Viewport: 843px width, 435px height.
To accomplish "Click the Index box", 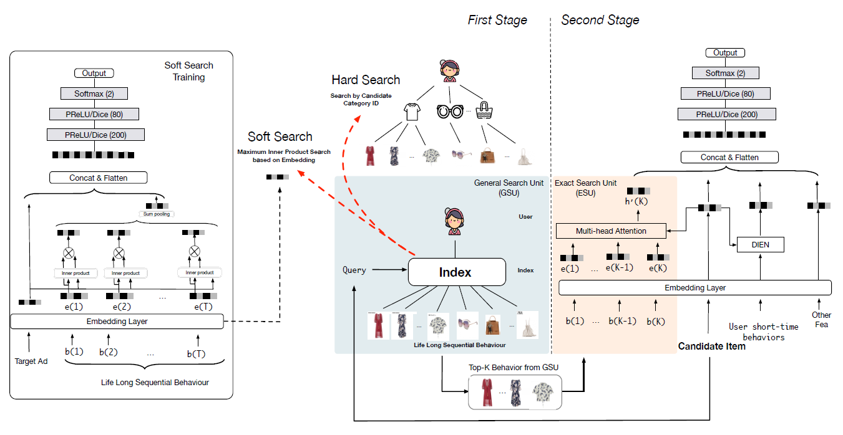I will point(456,272).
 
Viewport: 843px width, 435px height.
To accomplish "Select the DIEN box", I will point(760,245).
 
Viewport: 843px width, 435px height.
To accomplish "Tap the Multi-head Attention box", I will point(611,231).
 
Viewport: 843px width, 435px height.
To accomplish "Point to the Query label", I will point(354,270).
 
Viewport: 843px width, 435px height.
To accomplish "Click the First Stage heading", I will point(497,20).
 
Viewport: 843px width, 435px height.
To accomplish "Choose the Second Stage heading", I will point(600,20).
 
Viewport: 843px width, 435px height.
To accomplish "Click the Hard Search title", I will point(366,80).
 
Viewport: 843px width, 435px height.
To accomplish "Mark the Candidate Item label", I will point(711,347).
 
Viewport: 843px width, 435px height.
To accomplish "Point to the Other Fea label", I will point(821,320).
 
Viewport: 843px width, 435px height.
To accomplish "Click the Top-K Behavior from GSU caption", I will point(514,368).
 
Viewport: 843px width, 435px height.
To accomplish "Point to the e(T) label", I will point(203,307).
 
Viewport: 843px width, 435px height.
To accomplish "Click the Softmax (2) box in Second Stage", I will point(724,74).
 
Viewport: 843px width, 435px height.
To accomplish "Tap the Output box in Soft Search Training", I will point(94,74).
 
